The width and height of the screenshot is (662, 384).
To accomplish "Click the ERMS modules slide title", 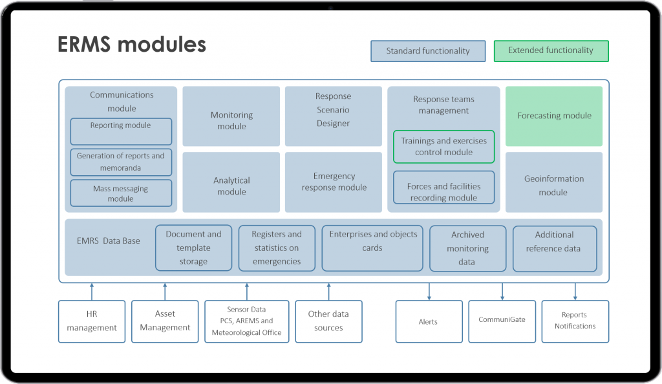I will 131,44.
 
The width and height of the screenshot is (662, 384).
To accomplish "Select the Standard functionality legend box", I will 428,51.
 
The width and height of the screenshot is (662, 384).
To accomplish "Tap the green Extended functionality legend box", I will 551,50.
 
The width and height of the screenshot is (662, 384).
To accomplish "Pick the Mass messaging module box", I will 121,193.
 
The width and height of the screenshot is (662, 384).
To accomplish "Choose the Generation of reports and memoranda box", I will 121,162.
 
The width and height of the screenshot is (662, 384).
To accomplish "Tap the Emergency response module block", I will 333,182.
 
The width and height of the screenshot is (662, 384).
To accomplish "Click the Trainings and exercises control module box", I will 444,147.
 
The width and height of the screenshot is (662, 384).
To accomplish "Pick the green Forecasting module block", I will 554,116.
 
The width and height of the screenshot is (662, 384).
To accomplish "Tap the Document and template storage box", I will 193,248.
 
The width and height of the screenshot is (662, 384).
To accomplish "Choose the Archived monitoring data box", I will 468,248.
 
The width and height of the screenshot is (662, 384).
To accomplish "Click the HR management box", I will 92,321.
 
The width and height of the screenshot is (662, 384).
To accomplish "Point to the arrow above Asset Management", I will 165,291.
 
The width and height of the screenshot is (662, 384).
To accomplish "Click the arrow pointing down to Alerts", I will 429,291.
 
